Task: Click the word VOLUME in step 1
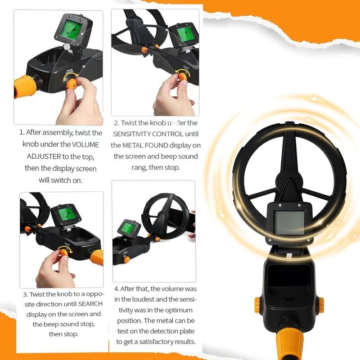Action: pyautogui.click(x=85, y=144)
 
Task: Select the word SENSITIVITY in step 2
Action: pyautogui.click(x=132, y=134)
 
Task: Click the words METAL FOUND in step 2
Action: pyautogui.click(x=145, y=145)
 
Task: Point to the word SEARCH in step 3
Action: pyautogui.click(x=90, y=304)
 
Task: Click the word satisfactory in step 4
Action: pyautogui.click(x=156, y=342)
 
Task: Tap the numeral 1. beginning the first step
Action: pyautogui.click(x=22, y=132)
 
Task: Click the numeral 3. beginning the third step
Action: pyautogui.click(x=26, y=295)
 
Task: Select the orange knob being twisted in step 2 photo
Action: pyautogui.click(x=183, y=76)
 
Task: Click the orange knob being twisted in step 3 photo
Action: pyautogui.click(x=64, y=252)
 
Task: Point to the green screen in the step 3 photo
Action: pyautogui.click(x=65, y=216)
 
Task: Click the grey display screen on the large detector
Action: pyautogui.click(x=289, y=223)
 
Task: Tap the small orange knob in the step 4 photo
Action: pyautogui.click(x=126, y=260)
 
